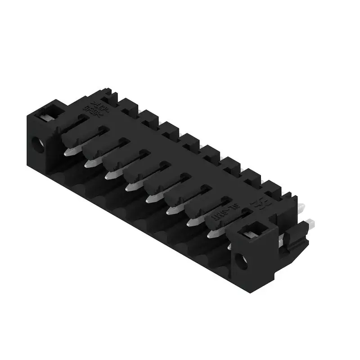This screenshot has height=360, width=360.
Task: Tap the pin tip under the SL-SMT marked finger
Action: tap(212, 234)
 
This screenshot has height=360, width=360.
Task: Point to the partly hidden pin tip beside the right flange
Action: tap(230, 246)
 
